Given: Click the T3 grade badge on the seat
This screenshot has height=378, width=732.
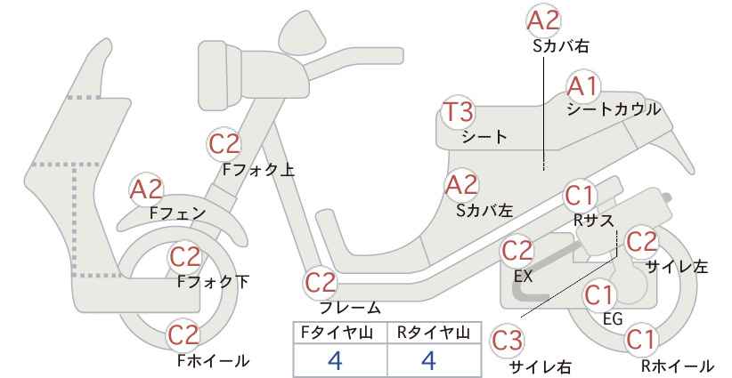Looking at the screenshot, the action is point(460,113).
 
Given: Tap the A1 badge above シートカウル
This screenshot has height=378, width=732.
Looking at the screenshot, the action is point(583,86).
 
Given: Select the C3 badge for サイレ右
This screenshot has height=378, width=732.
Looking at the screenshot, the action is point(508,341).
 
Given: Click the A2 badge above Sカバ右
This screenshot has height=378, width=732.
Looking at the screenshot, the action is point(543,21).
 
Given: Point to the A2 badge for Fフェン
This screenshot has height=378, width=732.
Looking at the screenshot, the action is point(146,189).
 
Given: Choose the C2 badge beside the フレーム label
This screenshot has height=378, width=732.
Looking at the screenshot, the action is point(321,283).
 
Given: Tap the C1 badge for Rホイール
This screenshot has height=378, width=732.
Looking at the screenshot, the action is point(640,340).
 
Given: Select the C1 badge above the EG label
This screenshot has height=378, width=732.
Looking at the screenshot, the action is point(599,295).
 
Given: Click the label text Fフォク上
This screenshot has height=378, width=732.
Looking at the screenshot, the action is point(258,169).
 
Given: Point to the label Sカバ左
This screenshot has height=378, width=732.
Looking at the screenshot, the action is point(484,211).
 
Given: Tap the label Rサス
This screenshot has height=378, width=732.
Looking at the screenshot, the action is point(593,221).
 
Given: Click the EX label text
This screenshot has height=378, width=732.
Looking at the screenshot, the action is point(523,277).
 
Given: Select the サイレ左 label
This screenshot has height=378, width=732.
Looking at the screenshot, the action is point(677,267).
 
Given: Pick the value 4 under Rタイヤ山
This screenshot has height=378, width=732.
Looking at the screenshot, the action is point(428,360).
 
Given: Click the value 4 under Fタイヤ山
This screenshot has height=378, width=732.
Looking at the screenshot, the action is point(335,360).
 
